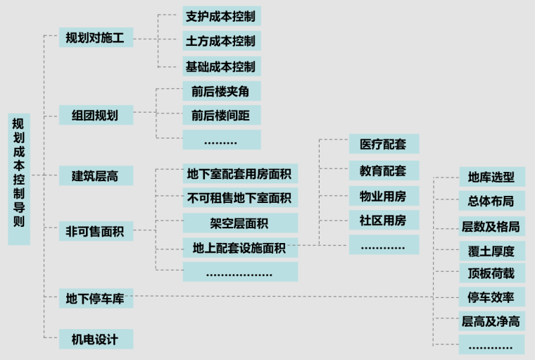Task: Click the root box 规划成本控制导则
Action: pyautogui.click(x=19, y=179)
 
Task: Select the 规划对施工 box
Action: pyautogui.click(x=96, y=38)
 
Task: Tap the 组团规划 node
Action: pyautogui.click(x=96, y=115)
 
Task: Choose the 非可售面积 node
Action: pyautogui.click(x=96, y=230)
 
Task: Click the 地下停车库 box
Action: pyautogui.click(x=96, y=299)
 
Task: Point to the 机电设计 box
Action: pyautogui.click(x=96, y=340)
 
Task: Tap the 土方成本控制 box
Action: pyautogui.click(x=221, y=40)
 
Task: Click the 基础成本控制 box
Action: pyautogui.click(x=221, y=66)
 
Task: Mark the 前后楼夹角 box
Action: pyautogui.click(x=221, y=91)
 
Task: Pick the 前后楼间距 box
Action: pyautogui.click(x=221, y=114)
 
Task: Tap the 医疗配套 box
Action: pyautogui.click(x=384, y=144)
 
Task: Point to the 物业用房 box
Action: pyautogui.click(x=384, y=195)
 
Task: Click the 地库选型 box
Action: pyautogui.click(x=491, y=177)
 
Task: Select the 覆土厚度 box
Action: pyautogui.click(x=491, y=251)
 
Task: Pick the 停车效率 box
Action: pyautogui.click(x=491, y=297)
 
